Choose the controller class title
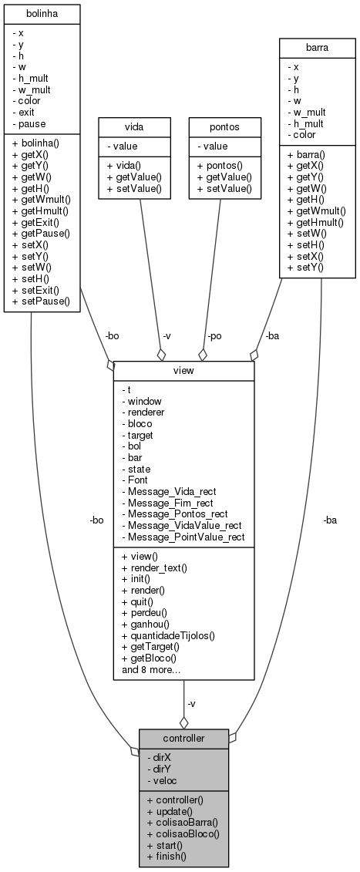point(183,738)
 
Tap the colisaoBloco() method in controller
point(182,833)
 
